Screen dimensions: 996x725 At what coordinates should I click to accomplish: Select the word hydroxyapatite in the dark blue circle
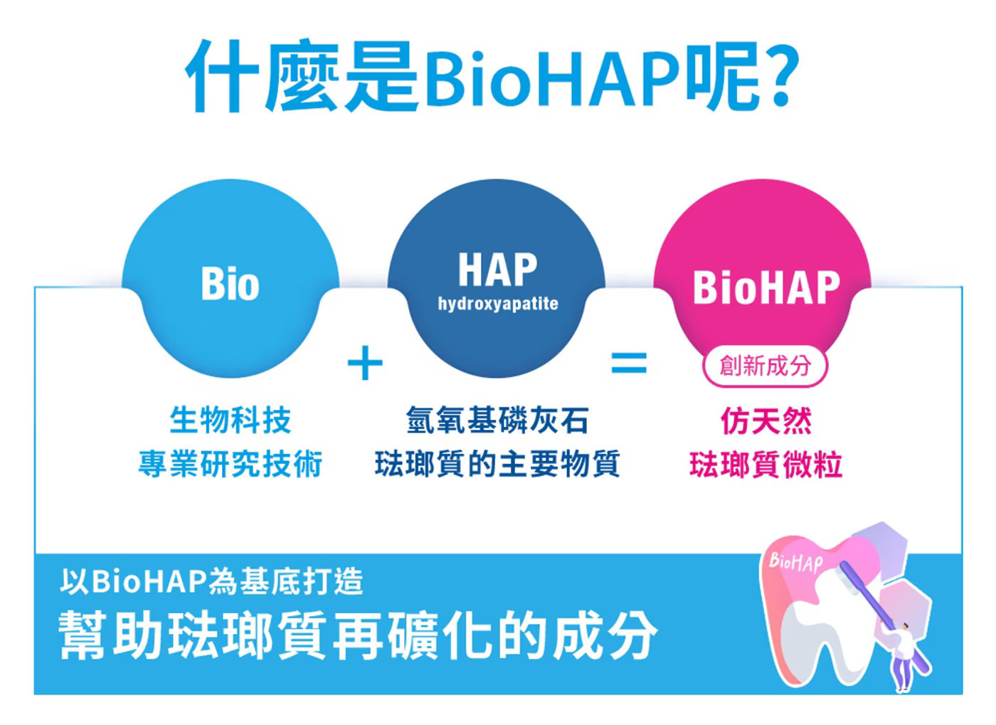[x=498, y=304]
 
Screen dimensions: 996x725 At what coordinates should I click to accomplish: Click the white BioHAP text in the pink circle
[x=767, y=287]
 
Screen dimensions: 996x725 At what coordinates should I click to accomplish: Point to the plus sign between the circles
[x=365, y=364]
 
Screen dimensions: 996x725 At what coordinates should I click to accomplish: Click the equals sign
[x=629, y=364]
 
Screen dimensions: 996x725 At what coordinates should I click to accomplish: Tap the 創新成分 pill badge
[x=765, y=366]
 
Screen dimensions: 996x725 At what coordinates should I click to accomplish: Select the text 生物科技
[x=231, y=420]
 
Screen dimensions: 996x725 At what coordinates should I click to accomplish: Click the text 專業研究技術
[x=231, y=464]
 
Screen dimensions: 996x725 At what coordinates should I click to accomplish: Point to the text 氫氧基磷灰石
[x=497, y=420]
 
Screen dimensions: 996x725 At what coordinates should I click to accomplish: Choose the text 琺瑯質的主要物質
[x=497, y=464]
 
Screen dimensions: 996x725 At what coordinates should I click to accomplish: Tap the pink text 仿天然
[x=766, y=421]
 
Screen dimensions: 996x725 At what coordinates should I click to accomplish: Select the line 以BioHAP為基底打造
[x=212, y=582]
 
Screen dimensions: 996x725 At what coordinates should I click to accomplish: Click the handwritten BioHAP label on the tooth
[x=796, y=563]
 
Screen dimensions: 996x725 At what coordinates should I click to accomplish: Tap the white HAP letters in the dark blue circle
[x=498, y=269]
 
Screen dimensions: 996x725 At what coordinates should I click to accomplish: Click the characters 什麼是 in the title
[x=302, y=75]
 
